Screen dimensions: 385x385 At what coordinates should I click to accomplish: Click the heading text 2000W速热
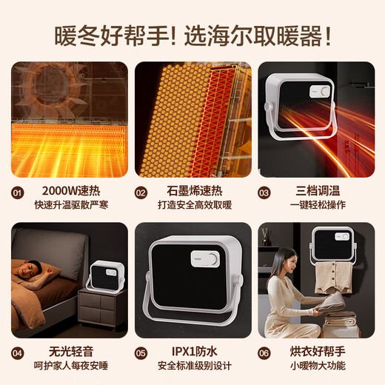click(68, 190)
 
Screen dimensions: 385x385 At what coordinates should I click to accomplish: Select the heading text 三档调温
click(315, 190)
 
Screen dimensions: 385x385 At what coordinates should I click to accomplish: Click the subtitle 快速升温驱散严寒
click(68, 204)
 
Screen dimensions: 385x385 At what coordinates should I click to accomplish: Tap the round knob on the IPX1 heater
click(213, 260)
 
